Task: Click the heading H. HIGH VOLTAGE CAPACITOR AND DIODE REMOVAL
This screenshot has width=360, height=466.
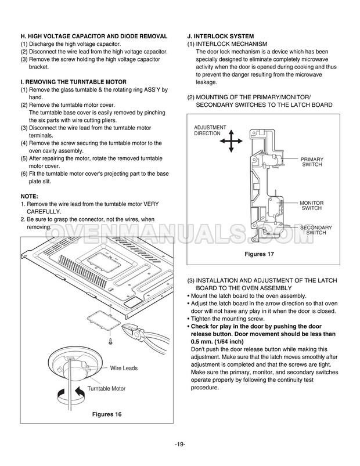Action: pos(94,36)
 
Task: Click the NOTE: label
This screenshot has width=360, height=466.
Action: pos(30,197)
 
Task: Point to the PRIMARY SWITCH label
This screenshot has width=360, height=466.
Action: pos(312,162)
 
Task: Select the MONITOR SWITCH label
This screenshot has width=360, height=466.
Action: pos(311,205)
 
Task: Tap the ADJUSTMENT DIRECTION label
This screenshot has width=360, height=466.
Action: pos(207,130)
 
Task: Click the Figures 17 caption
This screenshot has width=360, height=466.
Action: pos(258,254)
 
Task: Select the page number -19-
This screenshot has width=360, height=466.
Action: pos(179,445)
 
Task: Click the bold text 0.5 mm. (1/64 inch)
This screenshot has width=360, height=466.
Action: pos(224,342)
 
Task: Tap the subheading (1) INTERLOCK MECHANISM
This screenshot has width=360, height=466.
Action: pos(227,44)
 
